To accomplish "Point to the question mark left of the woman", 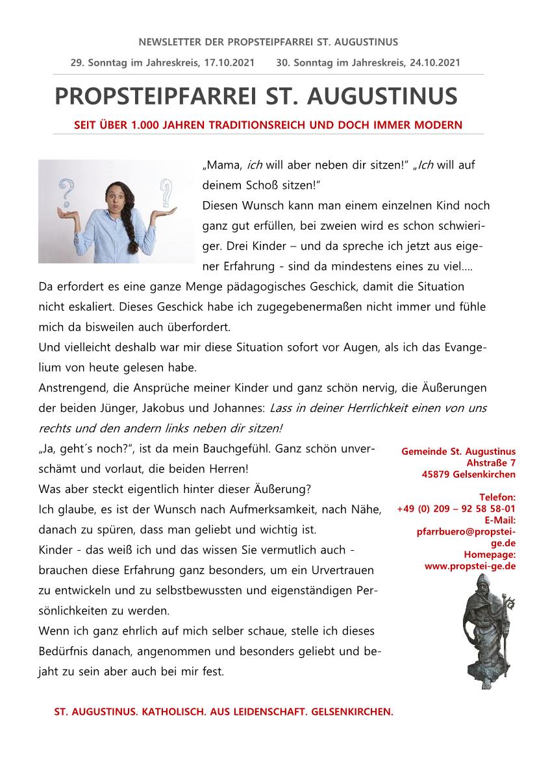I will pyautogui.click(x=65, y=194).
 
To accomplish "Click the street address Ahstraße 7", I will pyautogui.click(x=491, y=463).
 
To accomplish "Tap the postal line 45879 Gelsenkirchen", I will pyautogui.click(x=468, y=474).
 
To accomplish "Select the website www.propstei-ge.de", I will pyautogui.click(x=470, y=566).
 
